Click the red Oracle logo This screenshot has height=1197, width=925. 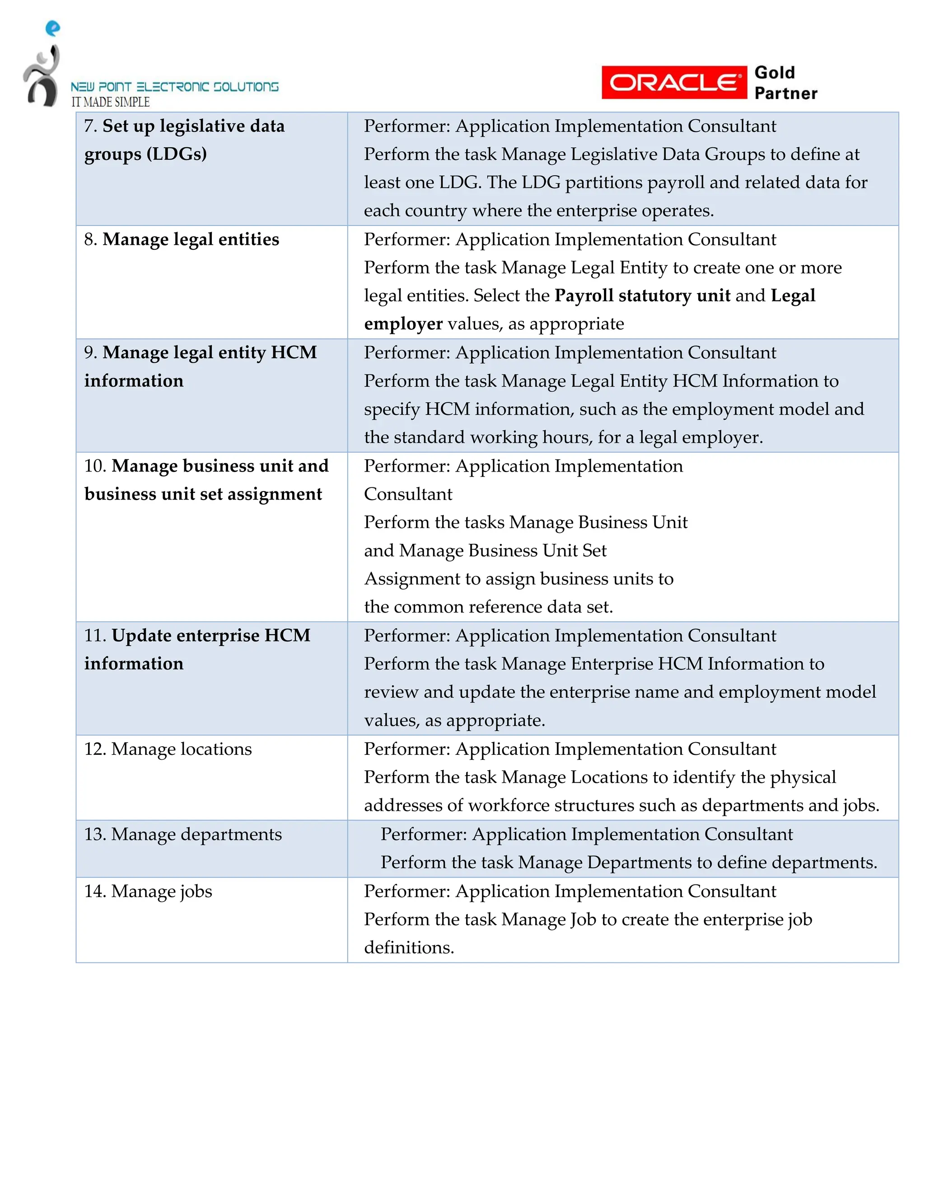click(673, 83)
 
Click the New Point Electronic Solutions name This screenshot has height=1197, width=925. click(174, 87)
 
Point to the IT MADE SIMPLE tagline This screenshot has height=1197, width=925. click(110, 102)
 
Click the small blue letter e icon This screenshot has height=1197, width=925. click(52, 28)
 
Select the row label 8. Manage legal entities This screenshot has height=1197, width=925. click(182, 239)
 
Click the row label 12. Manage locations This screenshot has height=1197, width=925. click(168, 749)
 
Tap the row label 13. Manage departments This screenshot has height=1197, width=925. click(182, 834)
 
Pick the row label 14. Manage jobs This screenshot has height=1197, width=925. click(148, 891)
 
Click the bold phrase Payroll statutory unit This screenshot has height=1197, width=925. click(642, 295)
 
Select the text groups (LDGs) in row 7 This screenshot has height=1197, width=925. click(145, 154)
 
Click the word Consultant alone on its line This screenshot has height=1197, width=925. click(408, 494)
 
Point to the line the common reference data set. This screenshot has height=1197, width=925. click(488, 607)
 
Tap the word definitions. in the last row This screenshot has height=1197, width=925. click(409, 948)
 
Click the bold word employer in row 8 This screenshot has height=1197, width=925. click(403, 324)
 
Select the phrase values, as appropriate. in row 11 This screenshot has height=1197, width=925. click(454, 720)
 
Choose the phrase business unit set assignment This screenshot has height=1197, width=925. click(203, 494)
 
